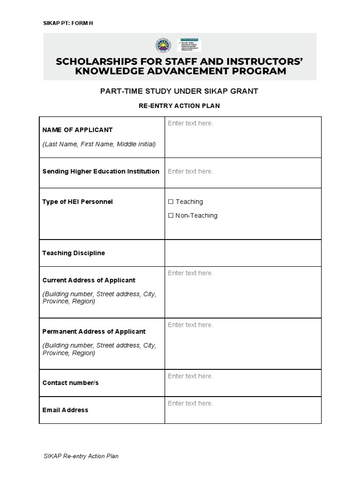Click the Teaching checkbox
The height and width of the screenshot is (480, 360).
coord(171,202)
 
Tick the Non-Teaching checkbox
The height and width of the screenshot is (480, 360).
coord(171,216)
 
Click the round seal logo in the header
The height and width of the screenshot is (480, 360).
coord(163,45)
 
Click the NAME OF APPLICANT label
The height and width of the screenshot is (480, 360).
coord(77,130)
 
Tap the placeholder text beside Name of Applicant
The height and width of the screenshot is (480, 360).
coord(190,123)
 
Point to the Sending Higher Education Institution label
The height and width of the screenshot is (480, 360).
coord(101,172)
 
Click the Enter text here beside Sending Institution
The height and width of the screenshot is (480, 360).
coord(190,172)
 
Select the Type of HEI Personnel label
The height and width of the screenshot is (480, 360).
coord(77,202)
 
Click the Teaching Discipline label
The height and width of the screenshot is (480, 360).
coord(74,253)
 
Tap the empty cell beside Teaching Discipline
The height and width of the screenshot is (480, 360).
coord(243,253)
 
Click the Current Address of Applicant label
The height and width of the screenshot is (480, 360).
coord(89,280)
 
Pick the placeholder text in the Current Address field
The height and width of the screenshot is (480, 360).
coord(190,273)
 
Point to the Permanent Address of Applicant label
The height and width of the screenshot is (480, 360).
coord(94,331)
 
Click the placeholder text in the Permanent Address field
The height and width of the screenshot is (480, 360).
coord(190,325)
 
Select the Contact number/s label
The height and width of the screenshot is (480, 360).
coord(70,383)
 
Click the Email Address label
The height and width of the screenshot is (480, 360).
coord(65,410)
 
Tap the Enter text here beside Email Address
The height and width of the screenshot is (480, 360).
coord(190,404)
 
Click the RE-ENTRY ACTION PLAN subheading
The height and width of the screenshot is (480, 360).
coord(179,106)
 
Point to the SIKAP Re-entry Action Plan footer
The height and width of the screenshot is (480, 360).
coord(80,456)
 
